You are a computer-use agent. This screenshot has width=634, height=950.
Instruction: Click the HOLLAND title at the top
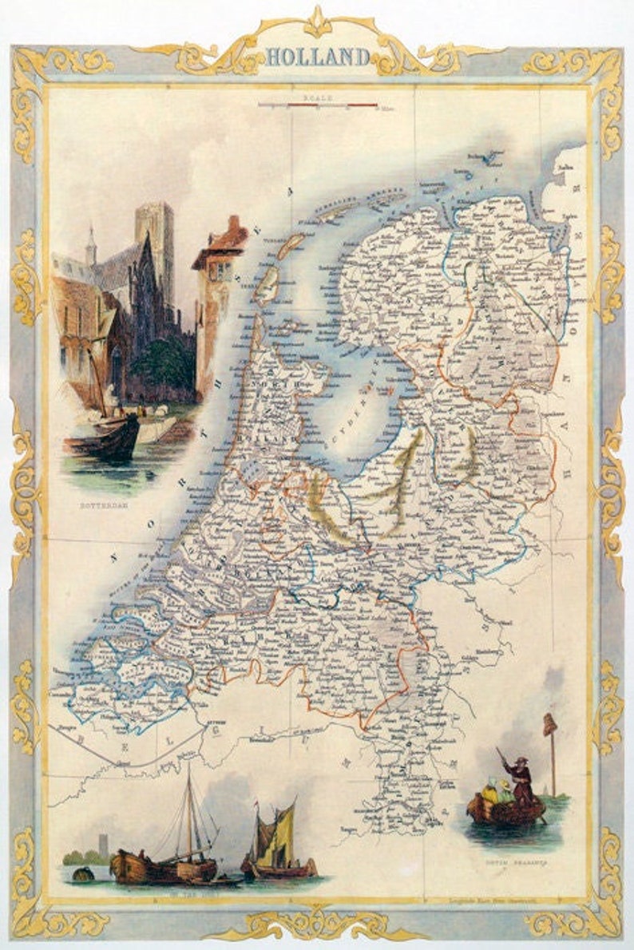click(317, 57)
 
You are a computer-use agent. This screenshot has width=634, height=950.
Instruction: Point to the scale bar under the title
click(317, 105)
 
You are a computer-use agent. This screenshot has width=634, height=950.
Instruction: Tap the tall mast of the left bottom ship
click(189, 806)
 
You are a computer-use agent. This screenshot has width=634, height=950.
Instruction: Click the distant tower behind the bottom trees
click(101, 844)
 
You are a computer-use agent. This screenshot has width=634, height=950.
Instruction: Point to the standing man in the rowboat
click(522, 779)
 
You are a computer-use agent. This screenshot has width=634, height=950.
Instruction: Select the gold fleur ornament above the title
click(318, 21)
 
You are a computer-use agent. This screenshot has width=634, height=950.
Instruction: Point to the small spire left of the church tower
click(92, 243)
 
